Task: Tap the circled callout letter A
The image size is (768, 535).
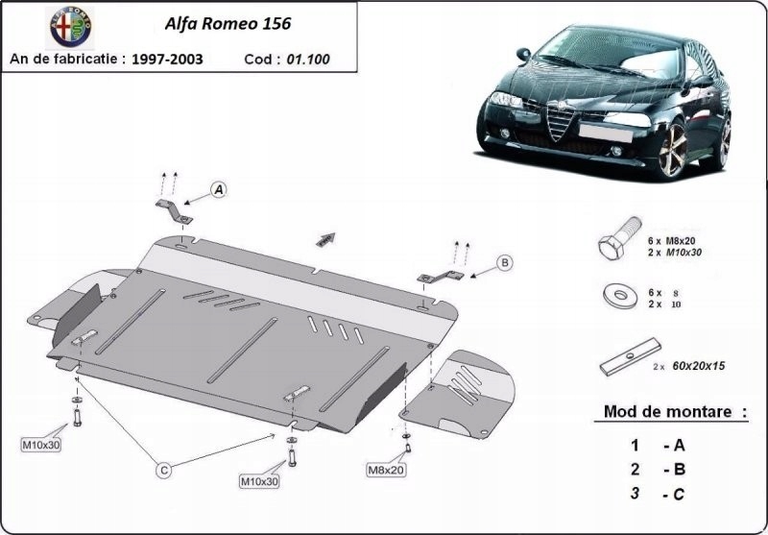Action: (x=219, y=190)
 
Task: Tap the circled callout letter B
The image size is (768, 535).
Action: (x=504, y=261)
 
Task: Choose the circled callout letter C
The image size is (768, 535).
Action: (x=164, y=470)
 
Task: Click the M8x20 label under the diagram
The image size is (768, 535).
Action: (x=386, y=470)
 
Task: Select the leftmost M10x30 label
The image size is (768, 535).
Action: (x=41, y=445)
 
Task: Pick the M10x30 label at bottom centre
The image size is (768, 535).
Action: (x=259, y=480)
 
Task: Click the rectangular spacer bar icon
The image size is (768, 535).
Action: (x=628, y=359)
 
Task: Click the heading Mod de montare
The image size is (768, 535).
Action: (x=674, y=412)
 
